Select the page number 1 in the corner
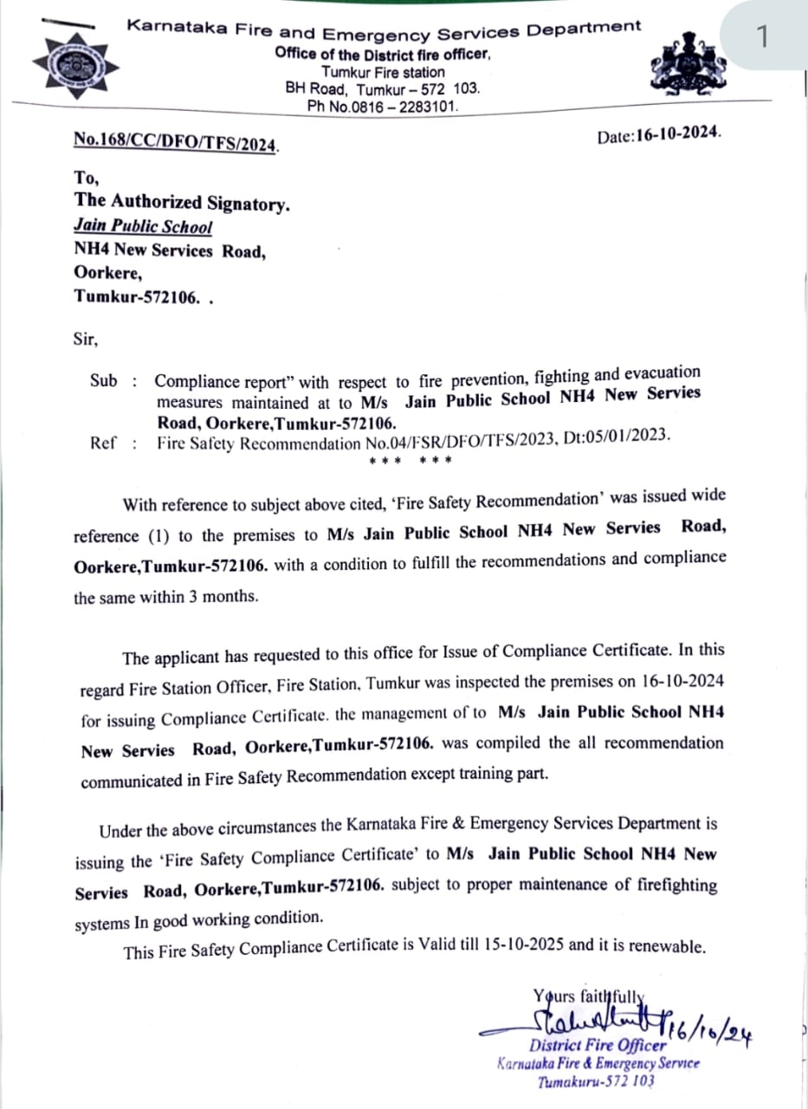point(762,36)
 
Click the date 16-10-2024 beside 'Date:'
point(678,135)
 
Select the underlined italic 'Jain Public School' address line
point(143,226)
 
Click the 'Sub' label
point(103,379)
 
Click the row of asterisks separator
point(410,460)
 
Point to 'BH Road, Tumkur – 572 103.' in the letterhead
point(382,88)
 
